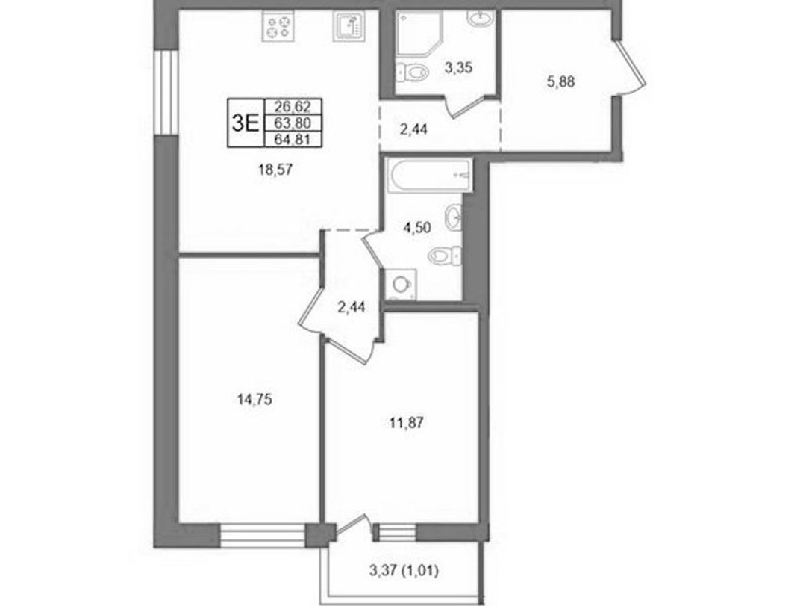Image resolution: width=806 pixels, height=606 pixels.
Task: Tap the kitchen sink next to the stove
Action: [349, 26]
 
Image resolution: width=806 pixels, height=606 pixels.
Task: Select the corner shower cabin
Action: [419, 34]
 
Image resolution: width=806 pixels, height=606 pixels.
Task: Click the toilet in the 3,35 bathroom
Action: [412, 72]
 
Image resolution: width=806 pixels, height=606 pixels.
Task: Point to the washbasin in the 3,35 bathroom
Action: [480, 19]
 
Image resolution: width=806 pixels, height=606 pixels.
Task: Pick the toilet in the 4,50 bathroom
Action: [445, 254]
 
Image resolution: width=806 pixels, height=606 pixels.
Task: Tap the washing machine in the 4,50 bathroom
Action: [401, 284]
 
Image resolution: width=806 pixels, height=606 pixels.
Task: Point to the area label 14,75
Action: [254, 399]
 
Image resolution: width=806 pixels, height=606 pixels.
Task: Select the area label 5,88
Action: [560, 81]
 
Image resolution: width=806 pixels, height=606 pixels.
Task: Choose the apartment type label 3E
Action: [245, 123]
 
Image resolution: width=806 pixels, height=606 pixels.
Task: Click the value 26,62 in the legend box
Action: [293, 107]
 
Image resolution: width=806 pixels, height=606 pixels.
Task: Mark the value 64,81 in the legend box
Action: [293, 140]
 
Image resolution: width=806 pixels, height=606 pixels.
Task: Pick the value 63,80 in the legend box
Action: [293, 123]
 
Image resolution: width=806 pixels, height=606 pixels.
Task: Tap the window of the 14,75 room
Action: [263, 535]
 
